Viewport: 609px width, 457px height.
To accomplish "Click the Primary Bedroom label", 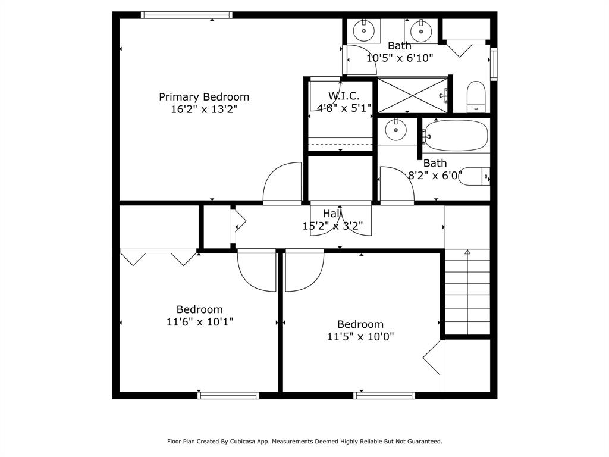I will click(204, 97).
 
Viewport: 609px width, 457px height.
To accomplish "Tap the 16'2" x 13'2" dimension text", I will click(204, 109).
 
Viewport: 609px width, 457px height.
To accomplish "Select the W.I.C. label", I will click(343, 96).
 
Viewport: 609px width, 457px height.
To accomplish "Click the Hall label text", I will click(332, 214).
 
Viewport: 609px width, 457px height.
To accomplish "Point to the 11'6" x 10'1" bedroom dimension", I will click(200, 322).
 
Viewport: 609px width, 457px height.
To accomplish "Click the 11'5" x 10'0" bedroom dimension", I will click(360, 337).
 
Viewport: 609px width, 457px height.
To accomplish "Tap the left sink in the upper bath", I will click(363, 29).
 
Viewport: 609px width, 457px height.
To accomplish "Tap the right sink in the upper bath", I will click(421, 29).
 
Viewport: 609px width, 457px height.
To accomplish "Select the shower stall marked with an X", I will click(413, 95).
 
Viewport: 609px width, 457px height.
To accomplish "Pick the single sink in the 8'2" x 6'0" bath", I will click(393, 129).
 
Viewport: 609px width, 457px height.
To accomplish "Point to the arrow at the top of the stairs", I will click(467, 253).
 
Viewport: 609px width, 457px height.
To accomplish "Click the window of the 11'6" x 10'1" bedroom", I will click(228, 395).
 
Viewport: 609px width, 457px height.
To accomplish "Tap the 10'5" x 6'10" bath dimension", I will click(400, 58).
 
